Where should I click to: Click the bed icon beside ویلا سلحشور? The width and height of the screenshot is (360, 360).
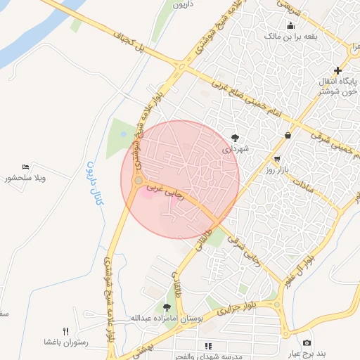26,167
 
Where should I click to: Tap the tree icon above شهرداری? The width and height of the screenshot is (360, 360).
235,138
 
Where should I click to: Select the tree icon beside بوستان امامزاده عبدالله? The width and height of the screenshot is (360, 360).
167,307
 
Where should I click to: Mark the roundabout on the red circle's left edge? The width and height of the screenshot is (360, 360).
136,182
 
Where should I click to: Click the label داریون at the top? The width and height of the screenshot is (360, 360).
181,4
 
